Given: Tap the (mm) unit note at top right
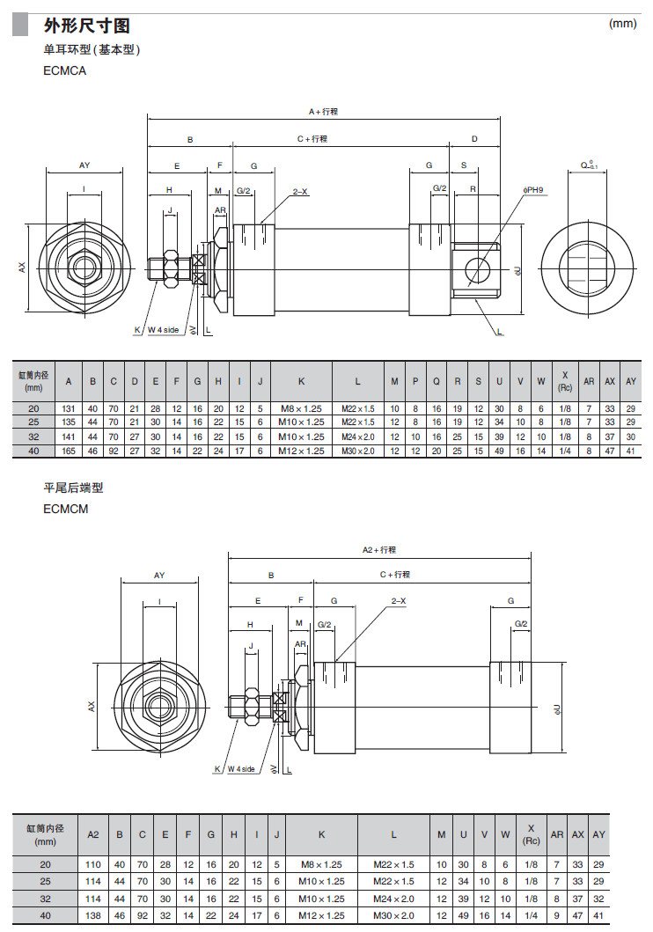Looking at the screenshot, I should (x=622, y=24).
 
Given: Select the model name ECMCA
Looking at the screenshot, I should (x=64, y=71).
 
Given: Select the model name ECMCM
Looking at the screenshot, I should (x=65, y=509).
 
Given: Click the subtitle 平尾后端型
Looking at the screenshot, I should (x=73, y=487).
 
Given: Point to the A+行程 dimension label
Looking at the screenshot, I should (x=324, y=112).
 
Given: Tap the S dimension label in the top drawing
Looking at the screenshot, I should (x=464, y=165).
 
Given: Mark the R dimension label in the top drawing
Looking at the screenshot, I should (x=473, y=189).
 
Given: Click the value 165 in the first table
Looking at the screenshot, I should (x=70, y=451).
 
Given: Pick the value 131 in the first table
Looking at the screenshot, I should (x=70, y=409).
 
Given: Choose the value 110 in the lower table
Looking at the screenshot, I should (x=93, y=864).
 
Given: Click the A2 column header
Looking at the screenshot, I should (x=93, y=833).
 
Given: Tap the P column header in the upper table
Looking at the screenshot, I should (x=415, y=381).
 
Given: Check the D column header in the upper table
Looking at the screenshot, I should (x=135, y=381).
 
